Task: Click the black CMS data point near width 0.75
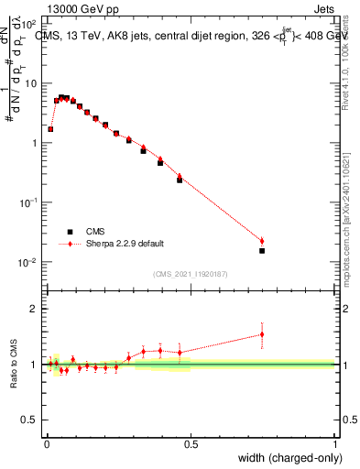click(x=262, y=250)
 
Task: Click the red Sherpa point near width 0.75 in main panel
click(x=262, y=241)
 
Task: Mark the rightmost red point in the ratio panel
click(x=262, y=334)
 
